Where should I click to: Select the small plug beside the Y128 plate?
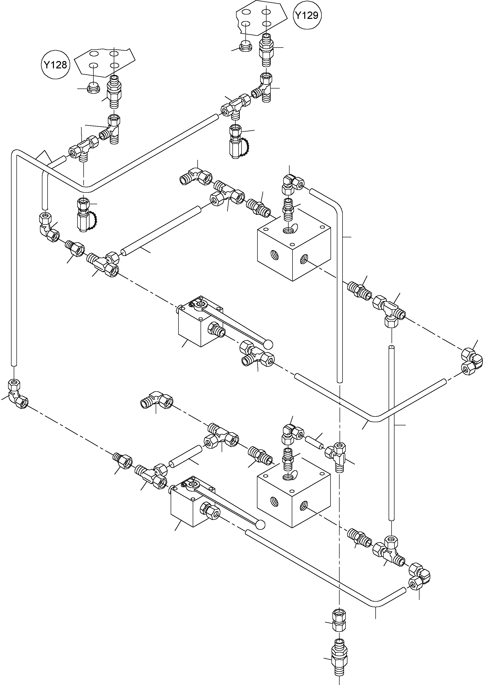coord(93,89)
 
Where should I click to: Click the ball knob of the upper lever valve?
coord(268,344)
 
